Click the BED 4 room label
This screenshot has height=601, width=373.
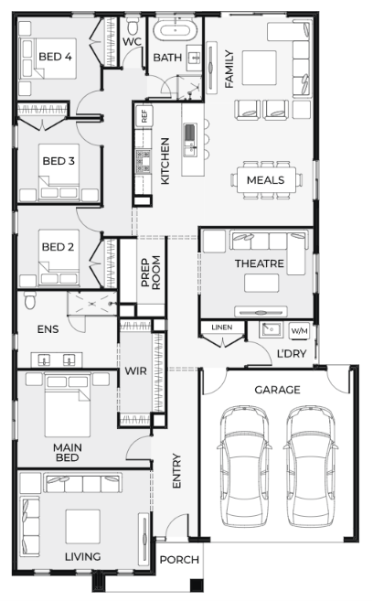tap(55, 57)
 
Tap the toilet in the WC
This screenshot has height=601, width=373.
tap(133, 26)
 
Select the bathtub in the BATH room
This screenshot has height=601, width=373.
tap(175, 30)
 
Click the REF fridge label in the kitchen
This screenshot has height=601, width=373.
tap(144, 116)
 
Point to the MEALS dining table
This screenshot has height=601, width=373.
tap(266, 180)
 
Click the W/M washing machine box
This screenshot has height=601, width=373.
tap(299, 330)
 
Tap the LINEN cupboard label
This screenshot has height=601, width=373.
tap(222, 327)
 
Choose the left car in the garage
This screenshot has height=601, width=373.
tap(244, 467)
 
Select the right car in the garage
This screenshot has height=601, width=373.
tap(311, 467)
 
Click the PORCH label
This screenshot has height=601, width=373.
tap(179, 560)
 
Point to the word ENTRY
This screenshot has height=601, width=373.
tap(176, 471)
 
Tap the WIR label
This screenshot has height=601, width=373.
tap(135, 371)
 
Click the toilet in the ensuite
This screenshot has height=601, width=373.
tap(30, 300)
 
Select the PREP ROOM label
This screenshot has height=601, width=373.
tap(151, 273)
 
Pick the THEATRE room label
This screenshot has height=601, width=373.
tap(260, 263)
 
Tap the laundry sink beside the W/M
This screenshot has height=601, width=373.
tap(272, 329)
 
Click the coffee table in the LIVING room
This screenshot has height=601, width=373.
tap(82, 526)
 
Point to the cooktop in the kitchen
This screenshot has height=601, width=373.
tap(144, 161)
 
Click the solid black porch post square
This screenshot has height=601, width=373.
tap(197, 585)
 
